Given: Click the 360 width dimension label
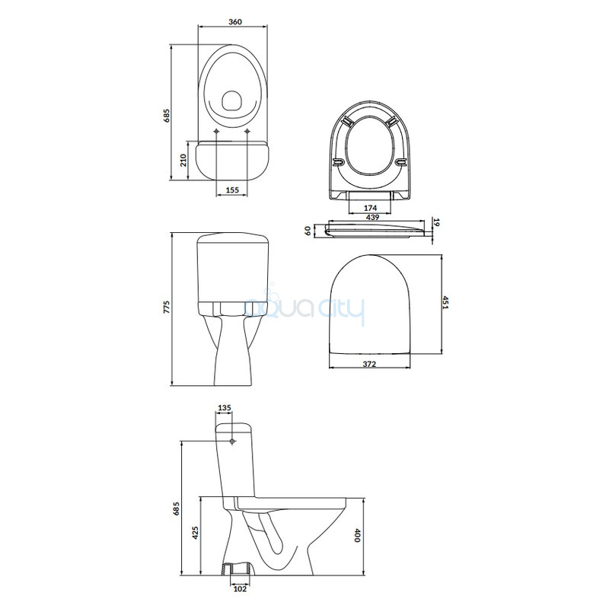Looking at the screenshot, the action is (x=235, y=22).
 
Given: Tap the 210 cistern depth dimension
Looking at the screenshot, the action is (x=183, y=160).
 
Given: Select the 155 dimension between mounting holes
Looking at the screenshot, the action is (x=232, y=190).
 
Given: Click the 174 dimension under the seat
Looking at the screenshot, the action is (x=370, y=208).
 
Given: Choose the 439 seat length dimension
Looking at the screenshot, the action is (x=372, y=218).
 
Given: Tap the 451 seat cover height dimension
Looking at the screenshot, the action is (x=446, y=302).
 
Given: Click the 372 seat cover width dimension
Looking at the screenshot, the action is (x=369, y=364).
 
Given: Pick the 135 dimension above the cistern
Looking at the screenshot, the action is (x=225, y=407).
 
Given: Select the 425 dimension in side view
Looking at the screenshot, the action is (x=195, y=532).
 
